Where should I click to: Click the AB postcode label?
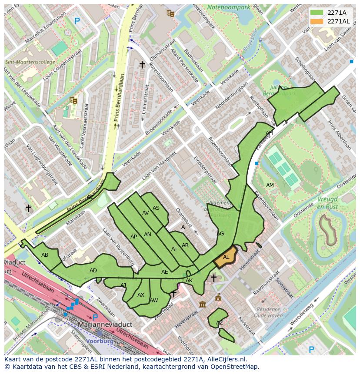point(45,255)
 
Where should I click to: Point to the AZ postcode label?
point(220,322)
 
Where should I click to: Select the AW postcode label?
point(153,300)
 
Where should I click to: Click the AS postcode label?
point(156,208)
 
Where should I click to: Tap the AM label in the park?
point(270,185)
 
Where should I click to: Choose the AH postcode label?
point(269,132)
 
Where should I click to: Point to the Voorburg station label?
point(100,341)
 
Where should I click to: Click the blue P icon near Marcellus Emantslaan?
point(77,20)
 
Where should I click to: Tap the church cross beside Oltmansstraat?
point(142,65)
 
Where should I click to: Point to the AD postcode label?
point(93,270)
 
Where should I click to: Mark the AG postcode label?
point(220,234)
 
